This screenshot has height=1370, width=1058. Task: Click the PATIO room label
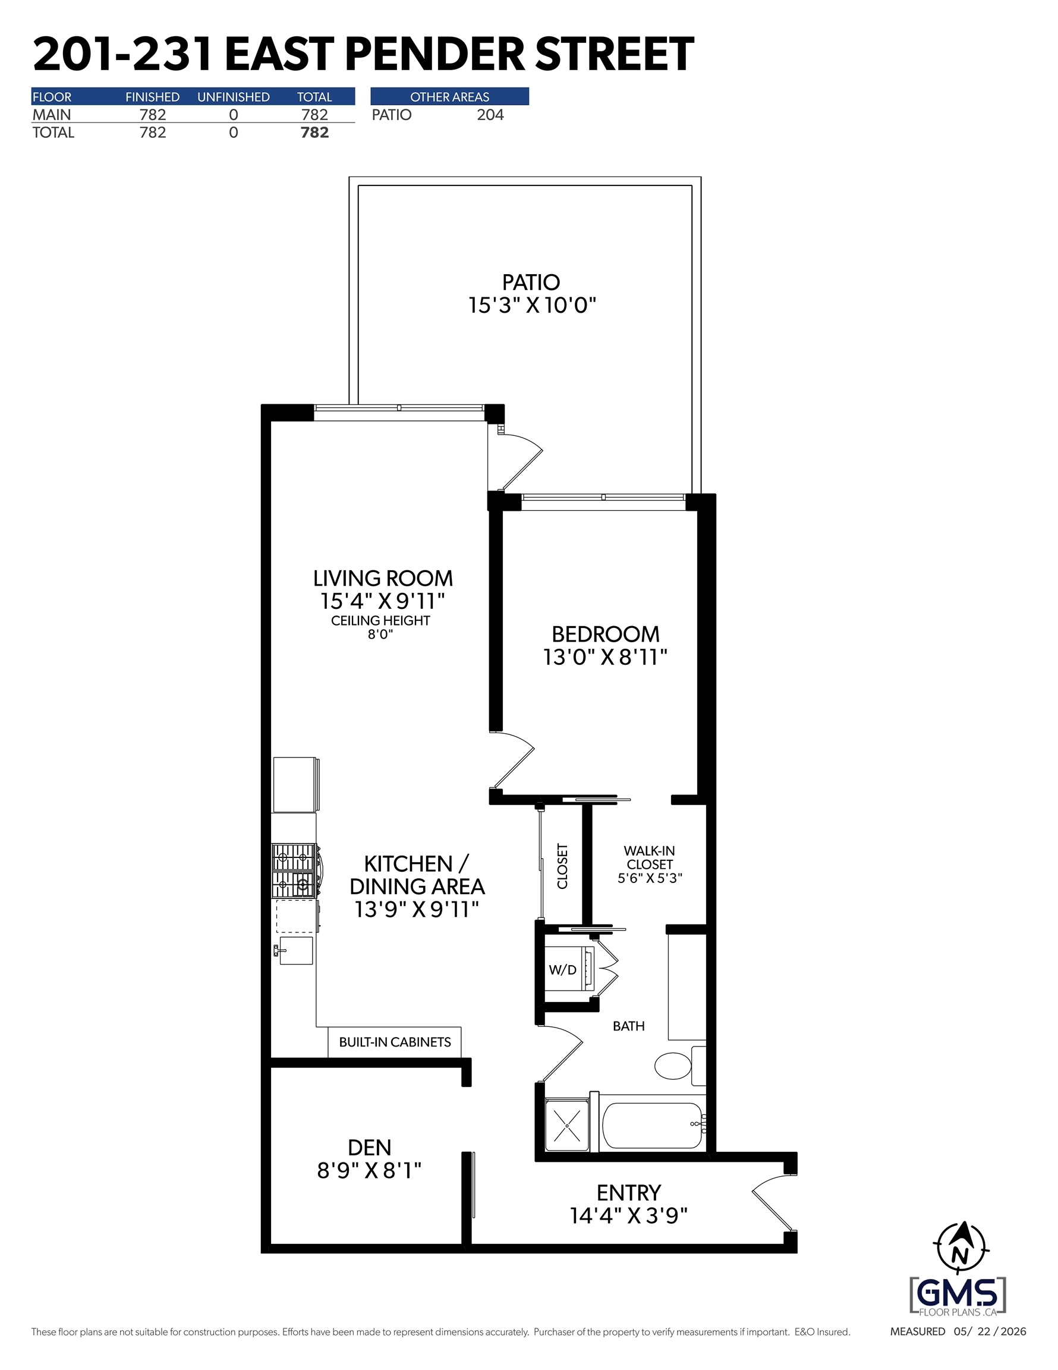[x=531, y=282]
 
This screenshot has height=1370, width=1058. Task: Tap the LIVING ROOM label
[x=383, y=578]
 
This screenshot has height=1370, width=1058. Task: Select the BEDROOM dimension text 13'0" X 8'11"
[x=604, y=657]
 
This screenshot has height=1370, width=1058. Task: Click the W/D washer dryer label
[x=562, y=970]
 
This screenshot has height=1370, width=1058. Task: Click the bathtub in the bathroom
[x=652, y=1126]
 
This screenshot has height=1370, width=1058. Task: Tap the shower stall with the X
[x=567, y=1126]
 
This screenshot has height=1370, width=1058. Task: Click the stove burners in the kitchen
[x=294, y=870]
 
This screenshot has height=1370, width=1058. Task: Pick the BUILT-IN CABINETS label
[x=395, y=1042]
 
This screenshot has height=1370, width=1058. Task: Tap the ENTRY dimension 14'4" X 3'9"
[x=628, y=1215]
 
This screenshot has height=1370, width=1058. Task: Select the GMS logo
[x=957, y=1296]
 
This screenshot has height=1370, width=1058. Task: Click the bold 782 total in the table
[x=314, y=133]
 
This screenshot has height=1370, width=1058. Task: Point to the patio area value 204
[x=490, y=115]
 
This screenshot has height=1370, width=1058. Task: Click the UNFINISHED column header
[x=234, y=96]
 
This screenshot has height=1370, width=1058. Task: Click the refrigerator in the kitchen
[x=296, y=785]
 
